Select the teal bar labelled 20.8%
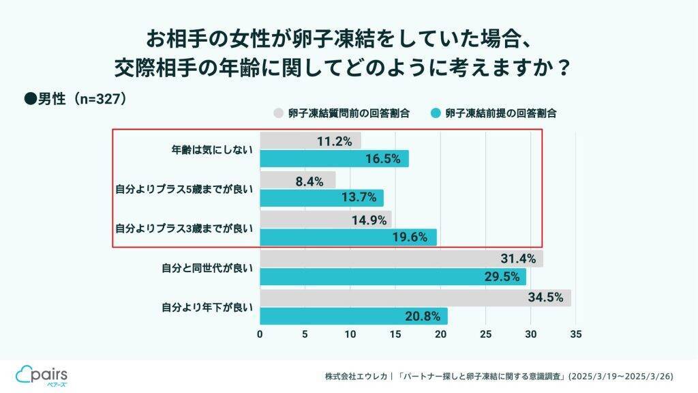[x=354, y=316]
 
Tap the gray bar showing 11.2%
[x=311, y=141]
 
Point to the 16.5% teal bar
[x=334, y=159]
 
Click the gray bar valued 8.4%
[x=298, y=180]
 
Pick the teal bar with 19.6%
[x=348, y=237]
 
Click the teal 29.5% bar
[x=393, y=276]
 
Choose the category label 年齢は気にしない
[x=211, y=149]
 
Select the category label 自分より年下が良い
[x=207, y=307]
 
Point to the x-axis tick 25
[x=485, y=335]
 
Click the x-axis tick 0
[x=260, y=335]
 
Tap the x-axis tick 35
[x=576, y=335]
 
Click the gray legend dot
[x=278, y=113]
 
